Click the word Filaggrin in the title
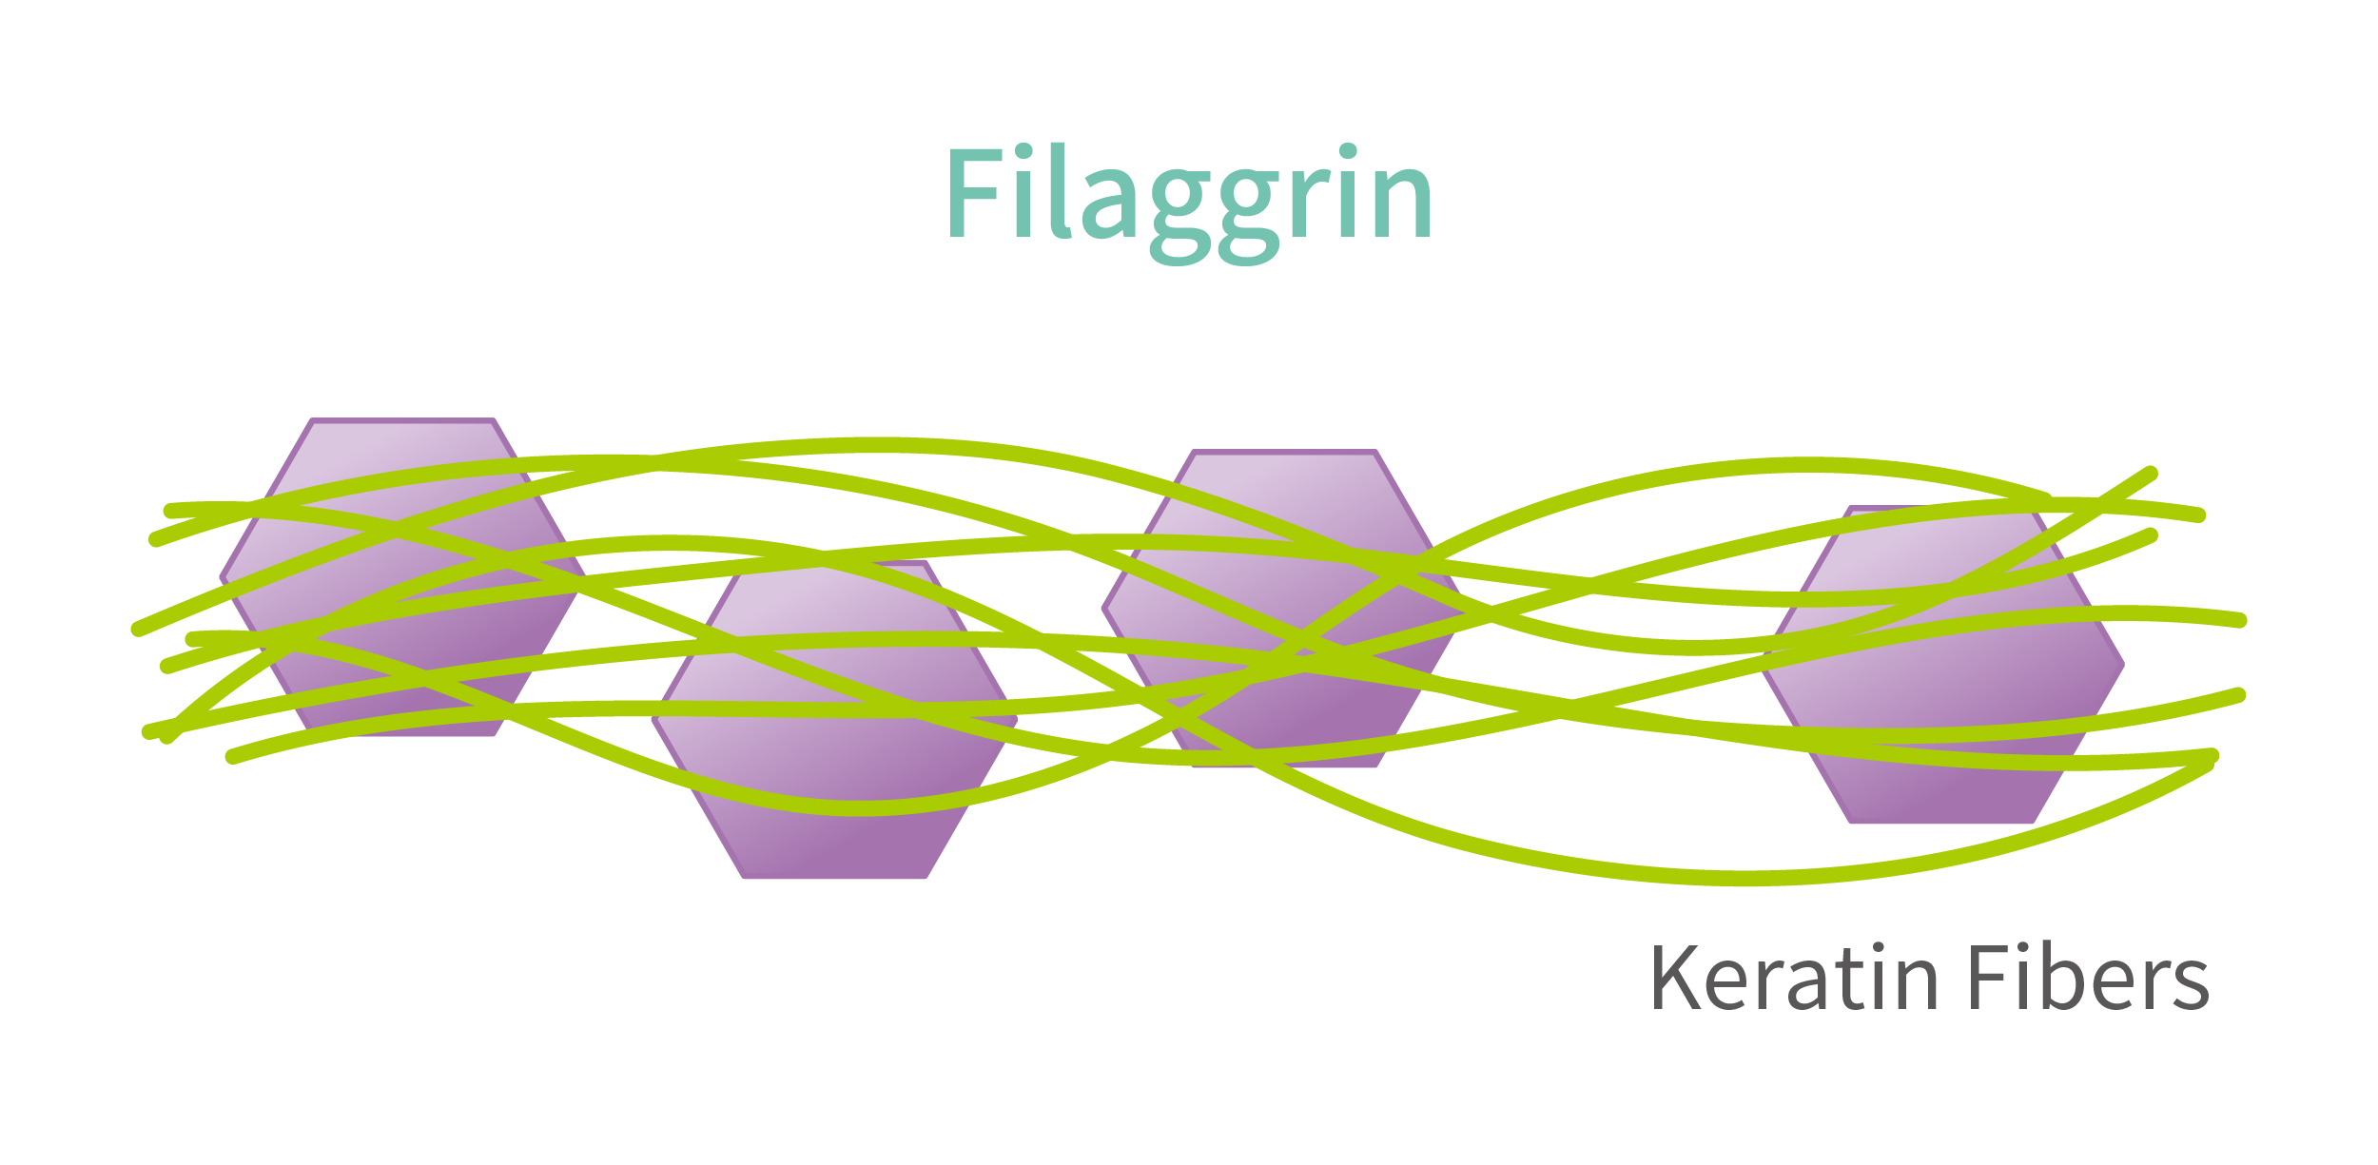pyautogui.click(x=1189, y=195)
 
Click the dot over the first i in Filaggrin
pyautogui.click(x=1023, y=150)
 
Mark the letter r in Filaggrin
pyautogui.click(x=1310, y=204)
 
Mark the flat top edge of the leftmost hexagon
pyautogui.click(x=402, y=420)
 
